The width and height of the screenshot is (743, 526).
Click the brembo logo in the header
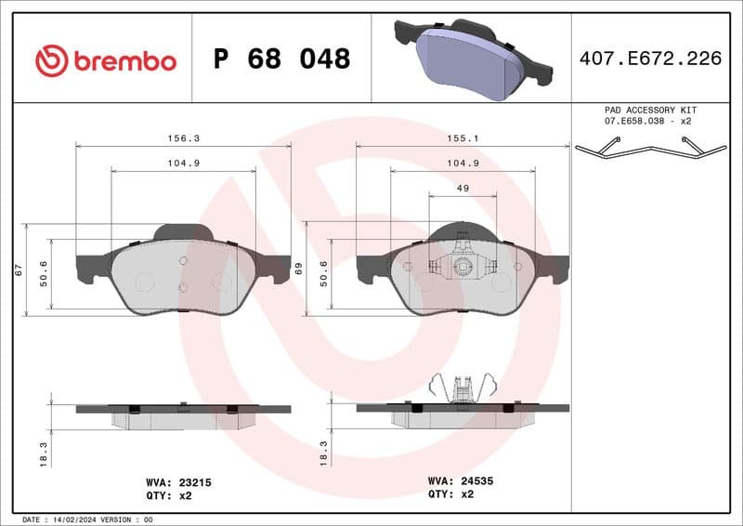pos(105,60)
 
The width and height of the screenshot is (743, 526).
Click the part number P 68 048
pos(281,59)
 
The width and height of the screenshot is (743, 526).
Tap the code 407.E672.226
pos(649,59)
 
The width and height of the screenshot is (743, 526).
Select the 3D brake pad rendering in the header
pos(470,58)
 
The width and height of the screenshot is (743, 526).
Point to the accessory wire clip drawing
pos(649,148)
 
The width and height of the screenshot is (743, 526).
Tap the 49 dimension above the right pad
pos(462,188)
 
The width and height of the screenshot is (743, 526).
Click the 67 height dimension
pos(18,270)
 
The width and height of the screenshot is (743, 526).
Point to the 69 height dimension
pos(298,270)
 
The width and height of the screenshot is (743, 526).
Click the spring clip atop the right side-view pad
pos(462,388)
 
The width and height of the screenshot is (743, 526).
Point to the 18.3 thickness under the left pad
pos(43,454)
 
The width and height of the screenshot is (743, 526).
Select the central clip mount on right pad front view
pos(462,267)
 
